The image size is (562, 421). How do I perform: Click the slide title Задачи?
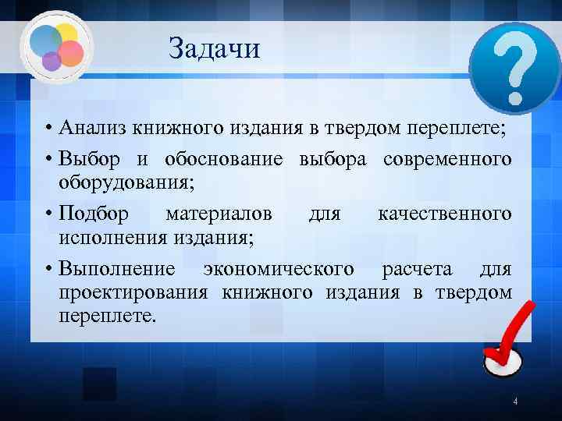pyautogui.click(x=214, y=49)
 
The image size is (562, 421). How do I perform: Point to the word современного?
pyautogui.click(x=447, y=159)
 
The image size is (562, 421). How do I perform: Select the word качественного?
pyautogui.click(x=444, y=213)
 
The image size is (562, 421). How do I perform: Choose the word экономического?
pyautogui.click(x=278, y=269)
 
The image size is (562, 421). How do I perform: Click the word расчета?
pyautogui.click(x=417, y=269)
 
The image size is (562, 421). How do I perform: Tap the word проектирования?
pyautogui.click(x=133, y=293)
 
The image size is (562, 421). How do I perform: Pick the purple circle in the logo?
pyautogui.click(x=52, y=61)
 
